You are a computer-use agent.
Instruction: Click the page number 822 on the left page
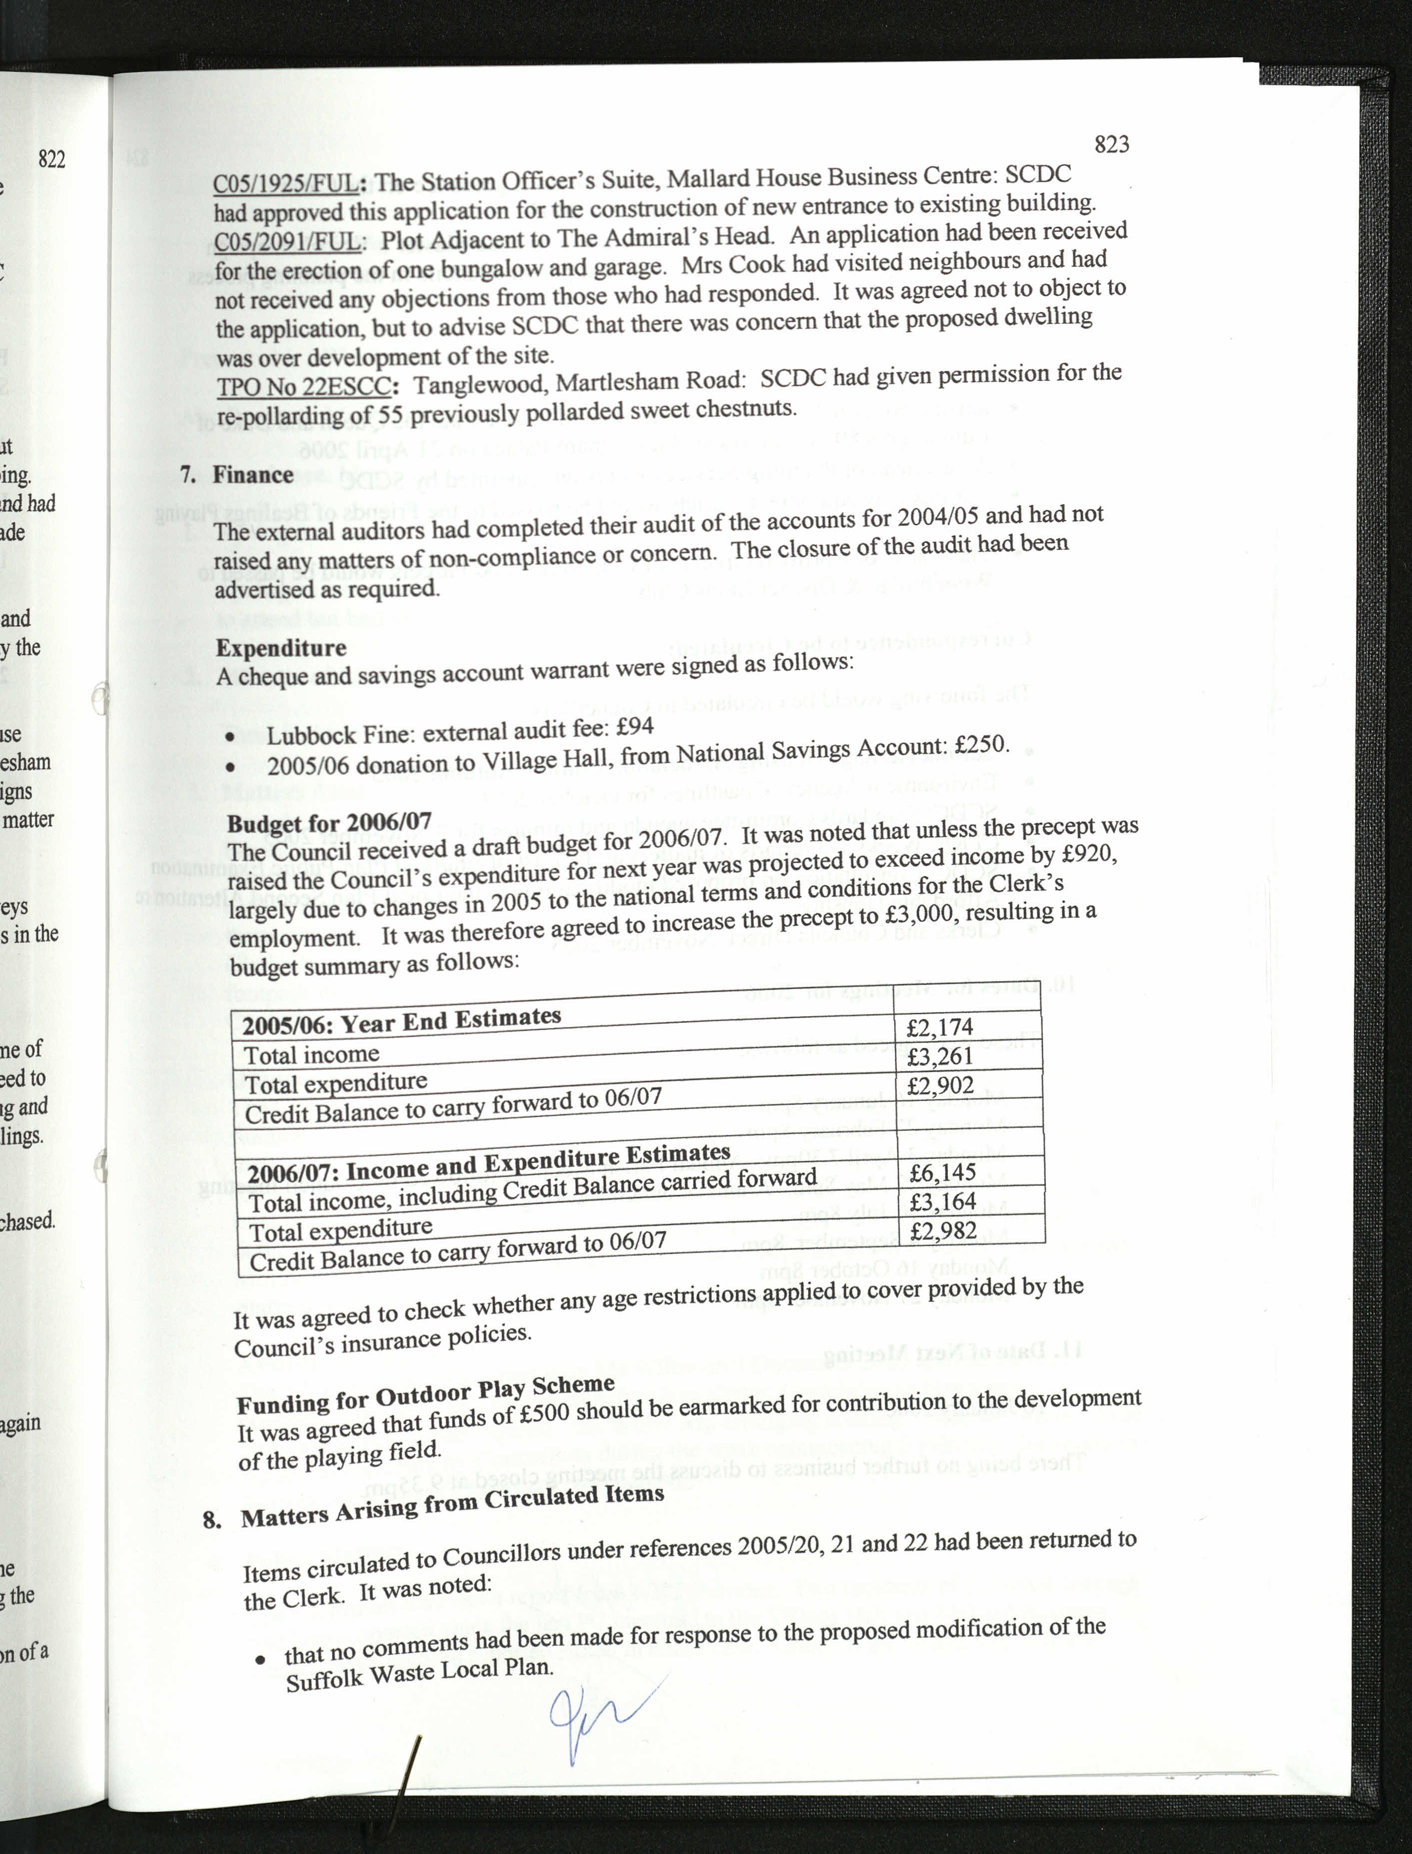51,159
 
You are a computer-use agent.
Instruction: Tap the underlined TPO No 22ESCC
304,387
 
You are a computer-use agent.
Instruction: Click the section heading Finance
252,475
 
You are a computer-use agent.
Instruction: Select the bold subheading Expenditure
281,648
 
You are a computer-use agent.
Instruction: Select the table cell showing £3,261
940,1056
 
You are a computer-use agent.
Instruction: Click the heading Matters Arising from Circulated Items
452,1506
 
